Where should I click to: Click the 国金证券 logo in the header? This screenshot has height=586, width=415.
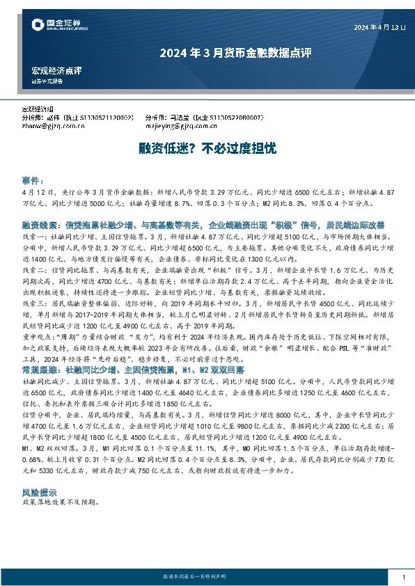click(x=58, y=26)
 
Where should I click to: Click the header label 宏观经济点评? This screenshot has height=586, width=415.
click(x=56, y=70)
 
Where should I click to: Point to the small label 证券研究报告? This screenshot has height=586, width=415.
click(x=47, y=81)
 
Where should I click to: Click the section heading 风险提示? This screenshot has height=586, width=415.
click(x=36, y=472)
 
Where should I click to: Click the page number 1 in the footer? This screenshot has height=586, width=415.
click(x=404, y=577)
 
